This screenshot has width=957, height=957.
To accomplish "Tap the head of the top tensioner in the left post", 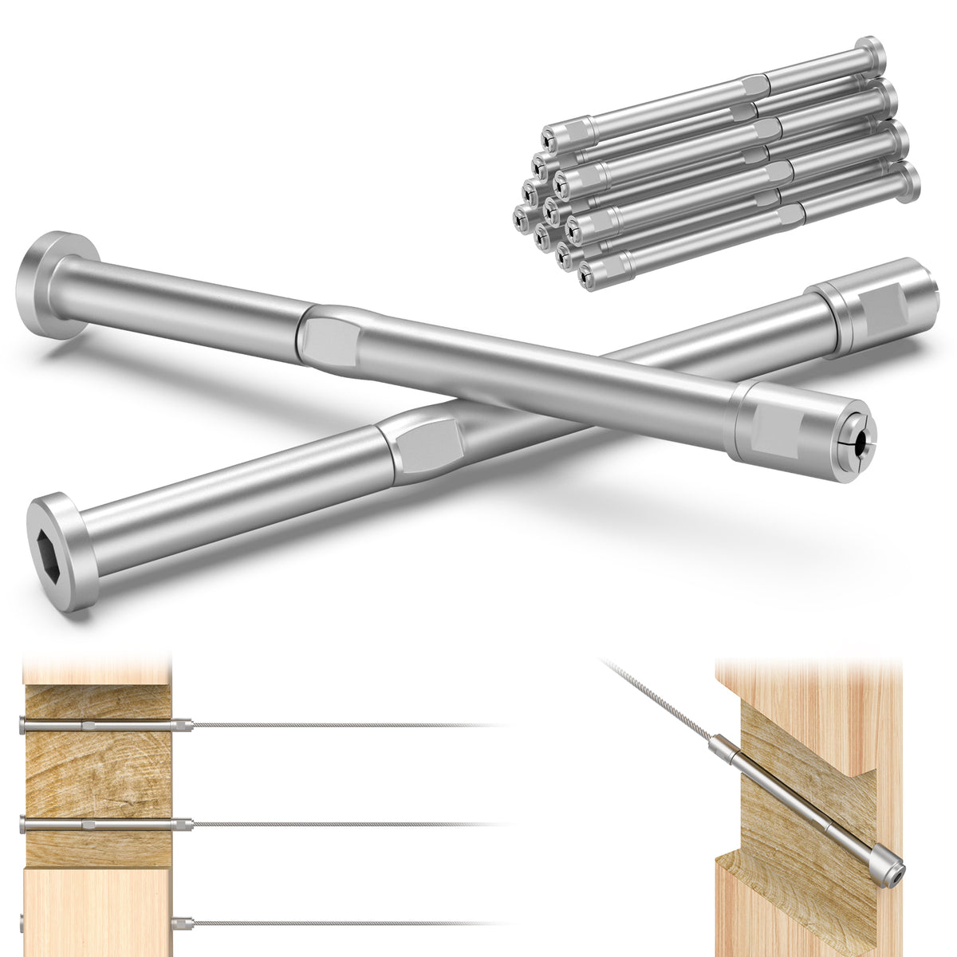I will pyautogui.click(x=21, y=724).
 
